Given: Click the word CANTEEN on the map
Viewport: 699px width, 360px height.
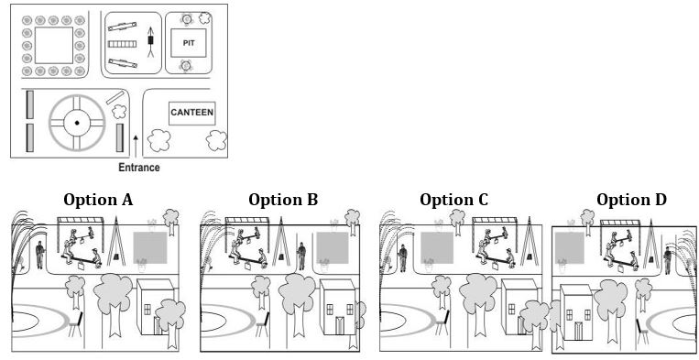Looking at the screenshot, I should point(191,114).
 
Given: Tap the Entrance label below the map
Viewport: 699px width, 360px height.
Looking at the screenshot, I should point(139,168).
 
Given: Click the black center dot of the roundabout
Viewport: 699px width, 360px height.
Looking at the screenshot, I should point(77,123).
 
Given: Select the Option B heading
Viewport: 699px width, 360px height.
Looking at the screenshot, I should point(283,200).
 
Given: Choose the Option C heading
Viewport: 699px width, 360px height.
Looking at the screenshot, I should point(453,200).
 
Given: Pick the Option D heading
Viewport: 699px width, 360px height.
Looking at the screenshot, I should point(631,200).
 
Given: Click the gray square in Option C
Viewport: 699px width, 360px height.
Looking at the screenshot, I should point(438,248).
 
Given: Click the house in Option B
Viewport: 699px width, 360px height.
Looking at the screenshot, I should point(337,308).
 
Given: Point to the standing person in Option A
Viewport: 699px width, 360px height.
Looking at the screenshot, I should point(40,255).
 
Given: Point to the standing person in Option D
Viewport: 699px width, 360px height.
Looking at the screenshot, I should point(669,259).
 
